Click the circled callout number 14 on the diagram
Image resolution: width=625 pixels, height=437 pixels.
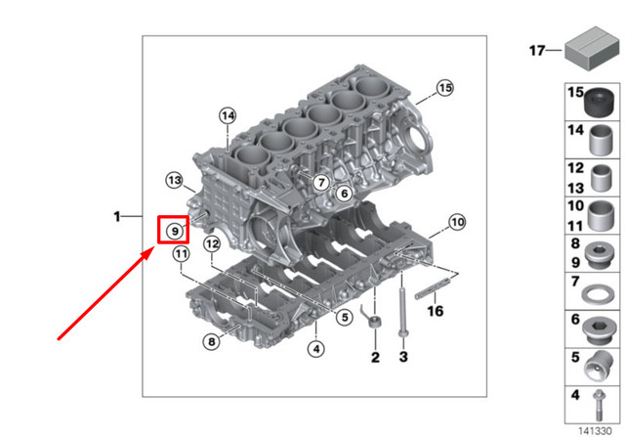(x=228, y=116)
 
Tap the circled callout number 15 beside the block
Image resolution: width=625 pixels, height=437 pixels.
(x=444, y=89)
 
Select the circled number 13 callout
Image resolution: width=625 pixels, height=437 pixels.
(x=174, y=180)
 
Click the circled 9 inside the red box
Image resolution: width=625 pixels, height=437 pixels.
(x=174, y=231)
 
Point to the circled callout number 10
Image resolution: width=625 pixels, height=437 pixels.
(x=458, y=222)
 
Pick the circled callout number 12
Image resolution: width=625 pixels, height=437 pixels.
(x=211, y=242)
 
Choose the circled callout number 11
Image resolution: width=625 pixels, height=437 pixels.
(x=181, y=255)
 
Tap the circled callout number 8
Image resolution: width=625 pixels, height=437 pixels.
(x=211, y=341)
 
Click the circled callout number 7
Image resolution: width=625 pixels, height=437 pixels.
(x=320, y=182)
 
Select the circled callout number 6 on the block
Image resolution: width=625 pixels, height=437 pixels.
(x=343, y=195)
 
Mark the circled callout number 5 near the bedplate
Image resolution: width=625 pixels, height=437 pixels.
(x=344, y=316)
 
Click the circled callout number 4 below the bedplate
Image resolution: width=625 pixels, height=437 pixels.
(x=315, y=347)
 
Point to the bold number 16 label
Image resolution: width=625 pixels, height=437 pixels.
(x=436, y=313)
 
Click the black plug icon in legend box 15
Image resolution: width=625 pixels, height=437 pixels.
(x=599, y=101)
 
